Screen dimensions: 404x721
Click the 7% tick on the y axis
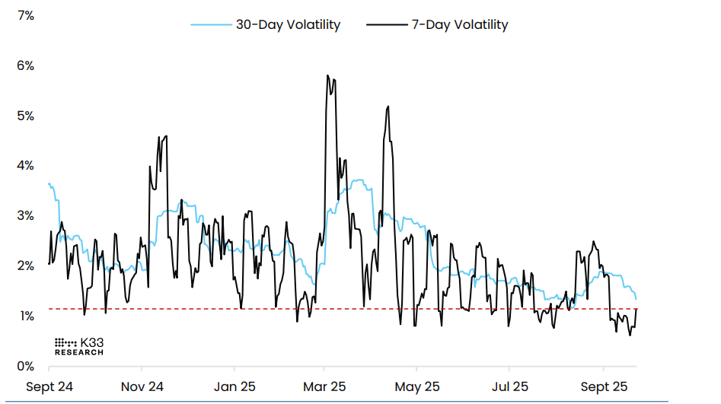[x=26, y=16]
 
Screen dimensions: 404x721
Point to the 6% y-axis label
[x=26, y=66]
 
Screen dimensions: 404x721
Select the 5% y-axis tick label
[x=26, y=116]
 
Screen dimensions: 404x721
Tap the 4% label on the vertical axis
[x=26, y=166]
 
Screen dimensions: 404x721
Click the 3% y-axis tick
[x=26, y=216]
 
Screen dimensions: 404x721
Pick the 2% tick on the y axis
[x=26, y=266]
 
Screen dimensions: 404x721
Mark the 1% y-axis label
[x=26, y=317]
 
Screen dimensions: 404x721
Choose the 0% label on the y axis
[x=26, y=367]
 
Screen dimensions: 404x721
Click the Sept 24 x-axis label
[x=49, y=387]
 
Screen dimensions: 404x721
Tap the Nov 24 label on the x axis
[x=143, y=387]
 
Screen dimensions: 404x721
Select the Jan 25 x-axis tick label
[x=234, y=387]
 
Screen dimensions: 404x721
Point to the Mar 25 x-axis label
[x=325, y=387]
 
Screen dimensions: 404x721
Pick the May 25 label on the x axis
[x=418, y=387]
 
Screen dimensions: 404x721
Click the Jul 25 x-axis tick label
[x=509, y=387]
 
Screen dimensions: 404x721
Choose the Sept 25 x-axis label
[x=603, y=387]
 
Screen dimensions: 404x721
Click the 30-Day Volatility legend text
[x=288, y=25]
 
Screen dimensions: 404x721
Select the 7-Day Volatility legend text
[x=459, y=25]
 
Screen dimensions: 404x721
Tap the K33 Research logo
[x=79, y=347]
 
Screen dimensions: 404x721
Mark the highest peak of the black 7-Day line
[x=327, y=75]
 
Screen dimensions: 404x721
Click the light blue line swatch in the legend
[x=210, y=25]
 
